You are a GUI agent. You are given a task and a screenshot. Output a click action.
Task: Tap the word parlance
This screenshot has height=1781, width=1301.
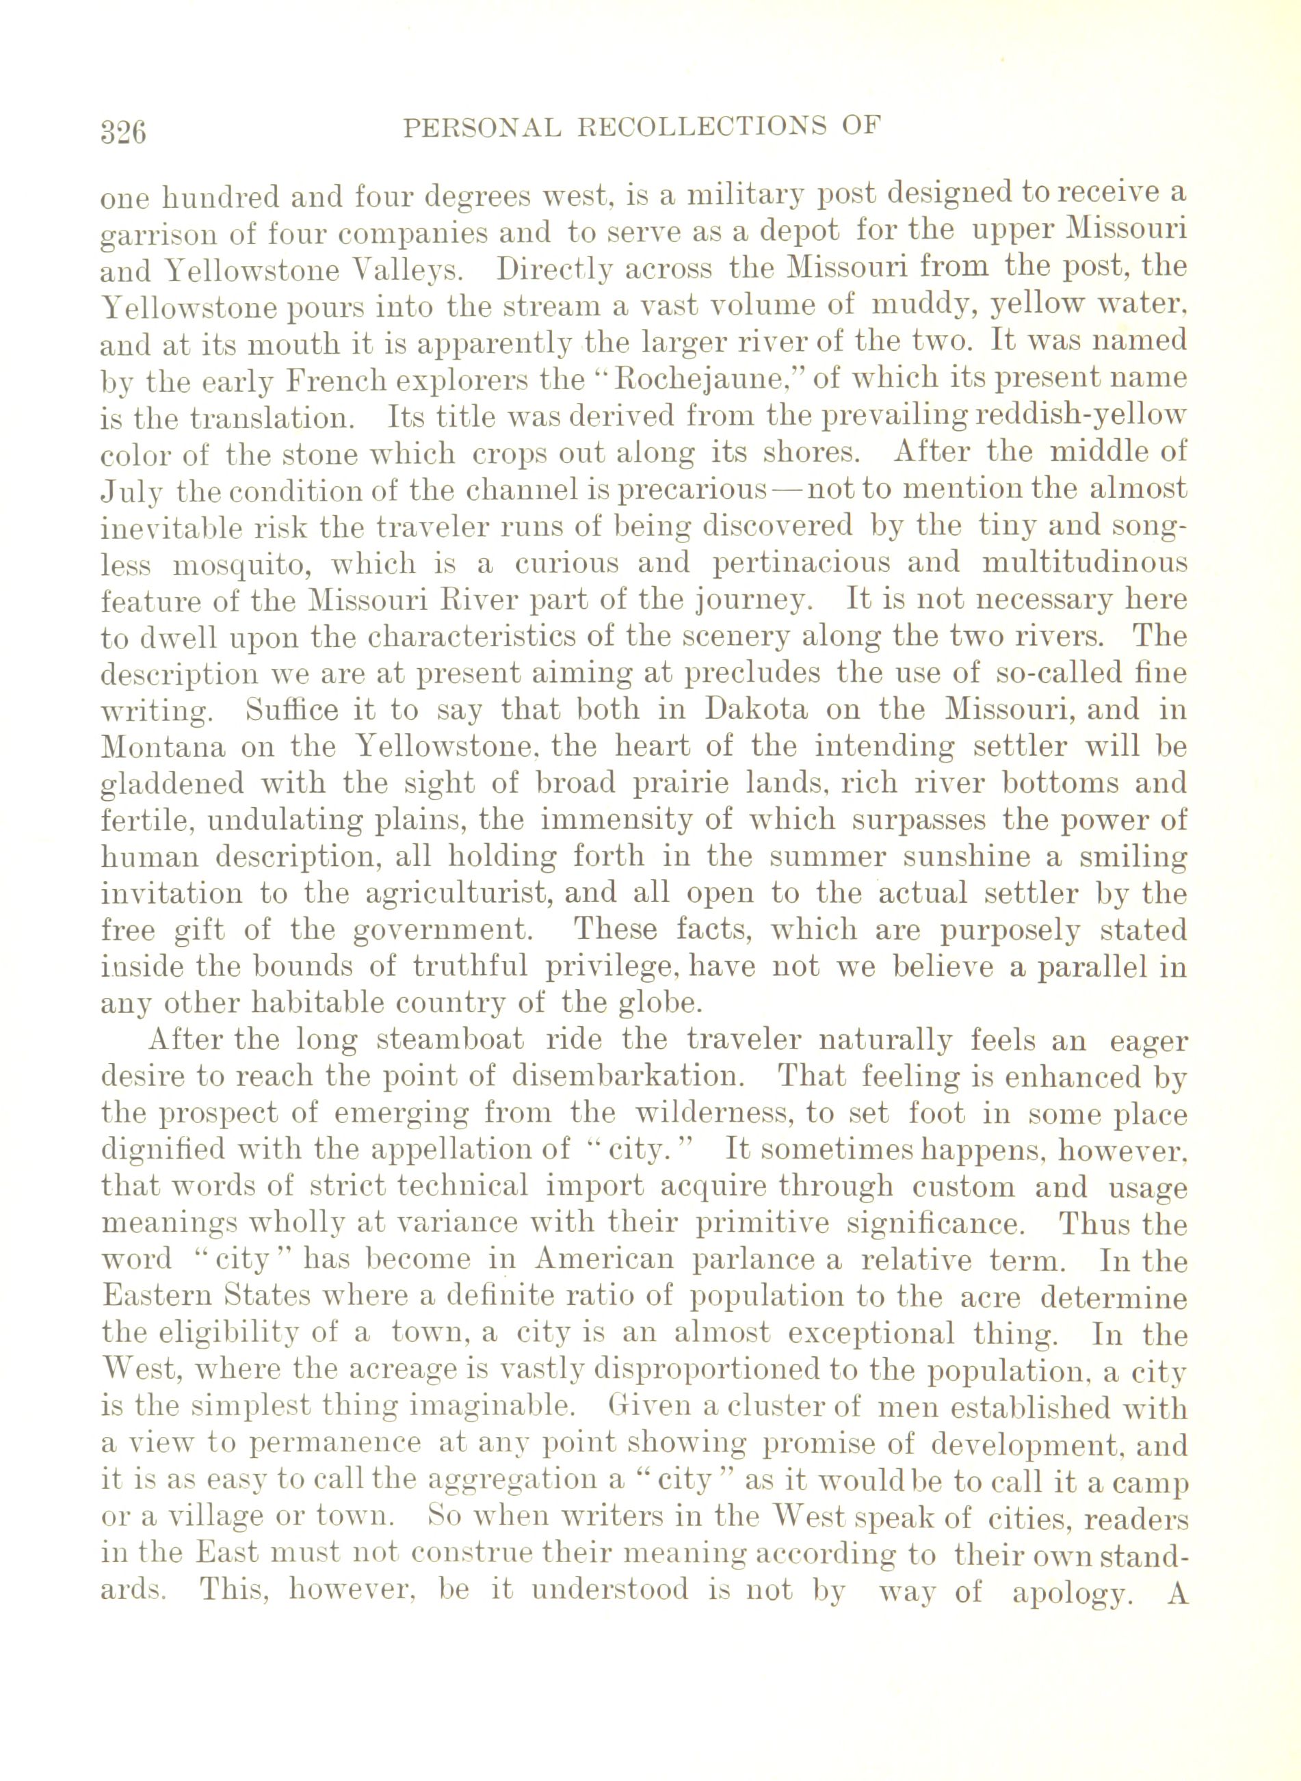(752, 1260)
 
